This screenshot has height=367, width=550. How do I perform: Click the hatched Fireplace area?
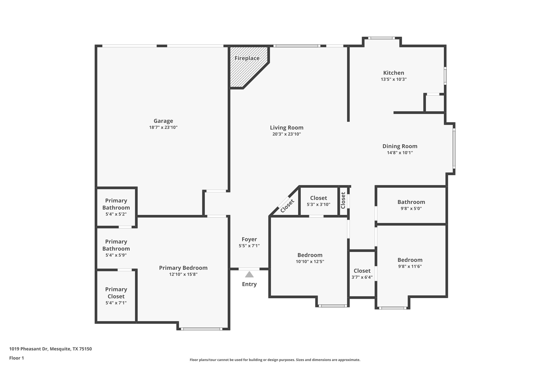point(243,71)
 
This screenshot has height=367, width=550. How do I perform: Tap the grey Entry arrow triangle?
point(249,274)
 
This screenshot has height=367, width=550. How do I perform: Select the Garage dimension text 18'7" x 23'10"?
point(163,127)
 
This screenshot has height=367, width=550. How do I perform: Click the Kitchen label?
point(394,73)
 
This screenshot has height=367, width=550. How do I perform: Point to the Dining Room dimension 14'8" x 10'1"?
point(400,153)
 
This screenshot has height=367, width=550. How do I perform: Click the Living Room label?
point(286,128)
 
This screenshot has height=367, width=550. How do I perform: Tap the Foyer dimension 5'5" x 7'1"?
point(249,246)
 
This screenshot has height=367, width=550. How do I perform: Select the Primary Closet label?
point(116,293)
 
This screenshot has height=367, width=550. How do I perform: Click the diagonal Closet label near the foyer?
point(287,206)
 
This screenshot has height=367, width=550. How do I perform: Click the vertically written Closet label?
point(343,200)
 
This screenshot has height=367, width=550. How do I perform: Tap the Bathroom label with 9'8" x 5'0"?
point(411,202)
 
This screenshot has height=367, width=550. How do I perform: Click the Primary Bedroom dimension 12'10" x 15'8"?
point(183,274)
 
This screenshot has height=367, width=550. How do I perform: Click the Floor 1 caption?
point(16,358)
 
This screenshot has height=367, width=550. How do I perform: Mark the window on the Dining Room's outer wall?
point(454,149)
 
